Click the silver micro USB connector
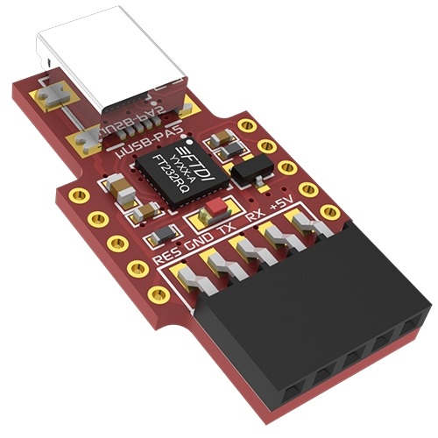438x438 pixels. tap(114, 70)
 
